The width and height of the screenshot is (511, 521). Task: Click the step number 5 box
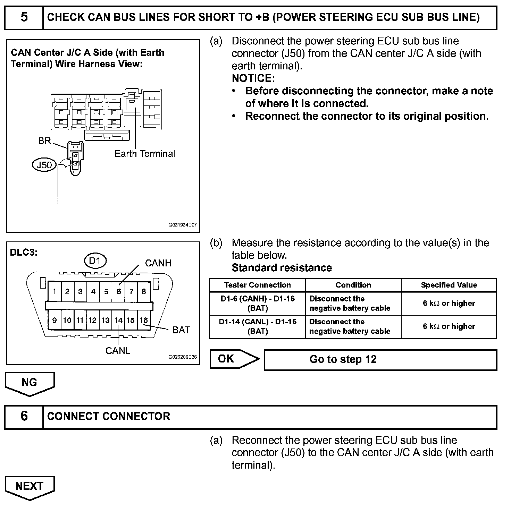(24, 17)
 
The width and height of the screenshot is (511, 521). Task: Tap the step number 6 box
(24, 416)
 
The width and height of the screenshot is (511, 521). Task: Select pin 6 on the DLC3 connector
(119, 291)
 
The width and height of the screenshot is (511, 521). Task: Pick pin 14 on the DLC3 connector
(118, 320)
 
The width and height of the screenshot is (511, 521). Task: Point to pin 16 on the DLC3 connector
(144, 320)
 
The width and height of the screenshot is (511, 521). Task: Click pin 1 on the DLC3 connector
(55, 291)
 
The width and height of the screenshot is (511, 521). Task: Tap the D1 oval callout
(95, 261)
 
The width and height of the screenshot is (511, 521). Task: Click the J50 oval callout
(44, 165)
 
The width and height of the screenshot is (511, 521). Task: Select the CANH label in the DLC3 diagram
(158, 263)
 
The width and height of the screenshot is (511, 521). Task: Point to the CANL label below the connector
(118, 351)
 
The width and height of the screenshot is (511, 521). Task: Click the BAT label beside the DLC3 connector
(181, 330)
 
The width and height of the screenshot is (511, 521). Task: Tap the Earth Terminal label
(145, 154)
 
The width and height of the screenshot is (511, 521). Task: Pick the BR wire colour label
(45, 141)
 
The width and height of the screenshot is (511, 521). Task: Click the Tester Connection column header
(257, 285)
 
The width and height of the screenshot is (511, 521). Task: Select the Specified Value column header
(449, 285)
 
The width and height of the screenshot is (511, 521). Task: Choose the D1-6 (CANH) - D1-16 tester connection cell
(257, 304)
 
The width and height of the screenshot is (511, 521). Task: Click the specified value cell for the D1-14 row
(449, 326)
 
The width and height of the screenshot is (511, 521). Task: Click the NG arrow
(30, 383)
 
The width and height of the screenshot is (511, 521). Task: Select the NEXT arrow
(30, 487)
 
